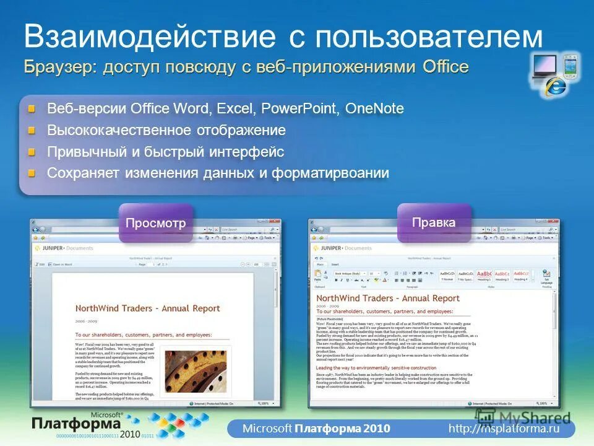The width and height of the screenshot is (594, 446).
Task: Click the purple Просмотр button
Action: [x=155, y=223]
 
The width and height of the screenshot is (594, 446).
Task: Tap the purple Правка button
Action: [x=434, y=222]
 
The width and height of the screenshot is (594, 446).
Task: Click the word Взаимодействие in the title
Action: [x=150, y=37]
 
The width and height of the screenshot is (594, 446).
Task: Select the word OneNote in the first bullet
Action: [x=374, y=109]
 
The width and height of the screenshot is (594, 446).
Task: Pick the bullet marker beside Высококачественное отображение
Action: [x=32, y=131]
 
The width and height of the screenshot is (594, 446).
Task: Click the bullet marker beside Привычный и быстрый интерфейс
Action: [x=32, y=152]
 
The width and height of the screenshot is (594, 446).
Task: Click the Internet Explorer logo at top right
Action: [x=555, y=87]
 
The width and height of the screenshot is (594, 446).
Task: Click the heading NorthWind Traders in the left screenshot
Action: [x=147, y=308]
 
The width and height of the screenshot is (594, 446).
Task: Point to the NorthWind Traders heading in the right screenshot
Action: [x=387, y=298]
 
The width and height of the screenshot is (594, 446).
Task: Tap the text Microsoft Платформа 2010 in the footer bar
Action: [x=316, y=428]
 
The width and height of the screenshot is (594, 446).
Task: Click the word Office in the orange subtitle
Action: [x=445, y=67]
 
